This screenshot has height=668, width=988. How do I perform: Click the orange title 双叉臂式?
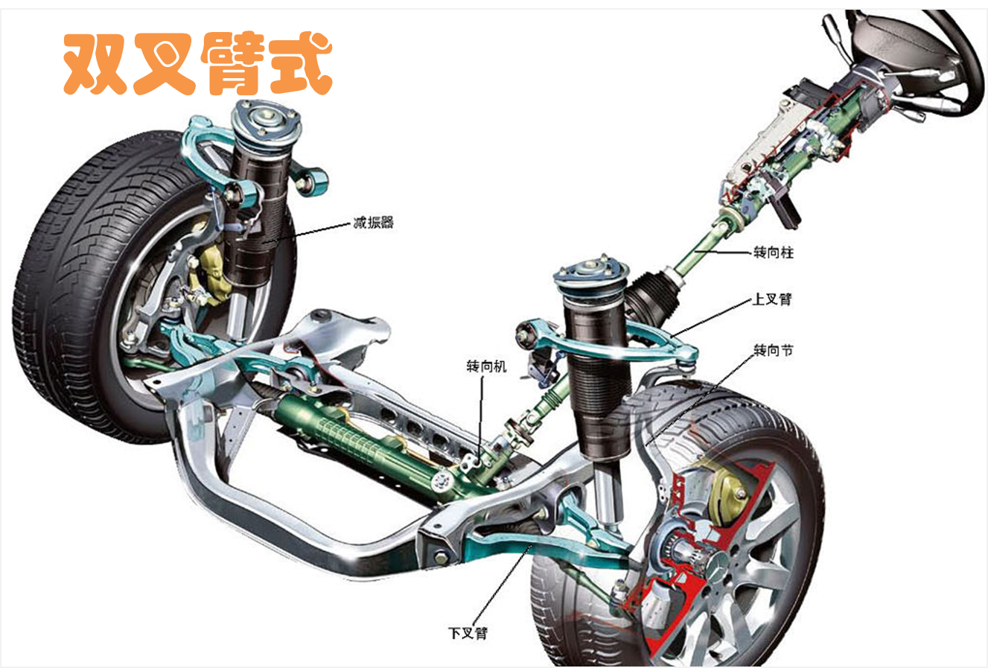[197, 64]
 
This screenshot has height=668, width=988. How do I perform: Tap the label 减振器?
[373, 222]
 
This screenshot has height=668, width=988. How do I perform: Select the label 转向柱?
[774, 252]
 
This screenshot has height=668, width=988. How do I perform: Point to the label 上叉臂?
[772, 299]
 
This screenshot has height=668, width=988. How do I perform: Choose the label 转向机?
[486, 366]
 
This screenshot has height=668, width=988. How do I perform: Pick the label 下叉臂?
[468, 634]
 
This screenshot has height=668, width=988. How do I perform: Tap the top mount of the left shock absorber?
[267, 119]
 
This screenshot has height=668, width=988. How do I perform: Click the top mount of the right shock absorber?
[593, 273]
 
